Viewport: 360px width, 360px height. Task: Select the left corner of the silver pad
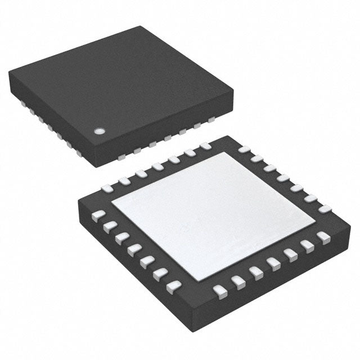click(112, 204)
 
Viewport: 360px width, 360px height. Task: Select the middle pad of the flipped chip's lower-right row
click(274, 263)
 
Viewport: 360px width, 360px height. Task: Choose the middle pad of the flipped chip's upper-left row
click(157, 167)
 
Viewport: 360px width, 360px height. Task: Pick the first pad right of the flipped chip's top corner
click(244, 150)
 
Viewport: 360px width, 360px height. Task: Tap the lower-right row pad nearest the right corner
click(323, 236)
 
